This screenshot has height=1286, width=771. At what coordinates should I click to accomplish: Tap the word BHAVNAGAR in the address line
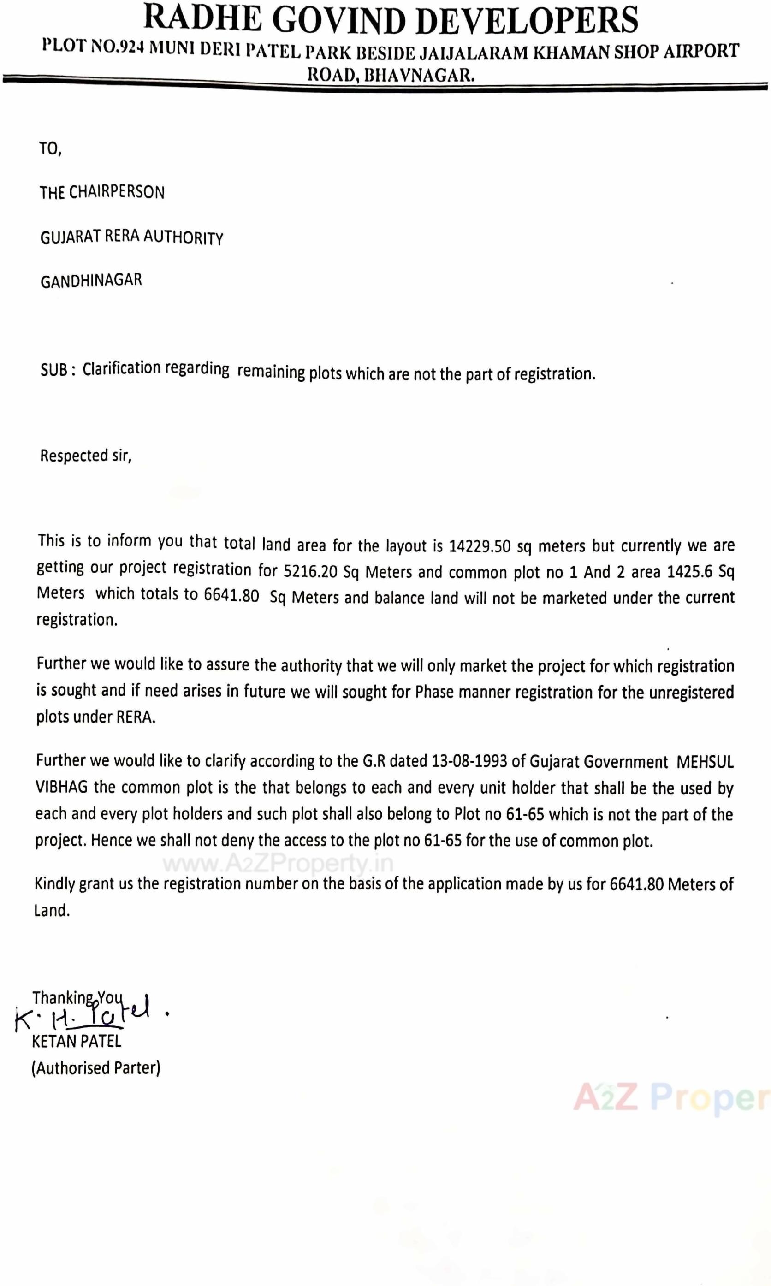[419, 76]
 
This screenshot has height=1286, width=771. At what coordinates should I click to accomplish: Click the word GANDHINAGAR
[91, 281]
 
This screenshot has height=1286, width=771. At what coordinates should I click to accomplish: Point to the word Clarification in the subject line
[122, 368]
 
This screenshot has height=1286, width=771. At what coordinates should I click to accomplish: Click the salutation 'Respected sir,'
[86, 456]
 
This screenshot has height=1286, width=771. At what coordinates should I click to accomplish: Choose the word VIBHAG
[62, 787]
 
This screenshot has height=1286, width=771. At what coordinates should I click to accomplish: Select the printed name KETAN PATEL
[77, 1041]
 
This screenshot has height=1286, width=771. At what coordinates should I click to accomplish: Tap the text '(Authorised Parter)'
[96, 1068]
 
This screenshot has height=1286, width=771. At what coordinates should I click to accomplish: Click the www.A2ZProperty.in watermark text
[278, 863]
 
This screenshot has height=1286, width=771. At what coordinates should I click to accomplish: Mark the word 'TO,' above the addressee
[50, 149]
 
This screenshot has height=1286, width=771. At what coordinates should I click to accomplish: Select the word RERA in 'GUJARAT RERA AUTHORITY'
[122, 237]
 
